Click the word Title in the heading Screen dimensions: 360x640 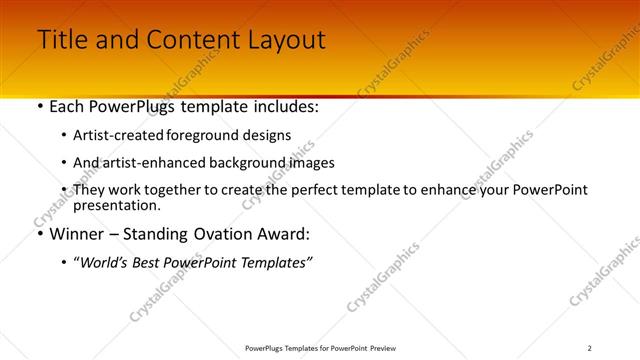coord(63,40)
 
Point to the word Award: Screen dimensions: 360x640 coord(282,234)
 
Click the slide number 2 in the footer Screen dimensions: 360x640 coord(590,347)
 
